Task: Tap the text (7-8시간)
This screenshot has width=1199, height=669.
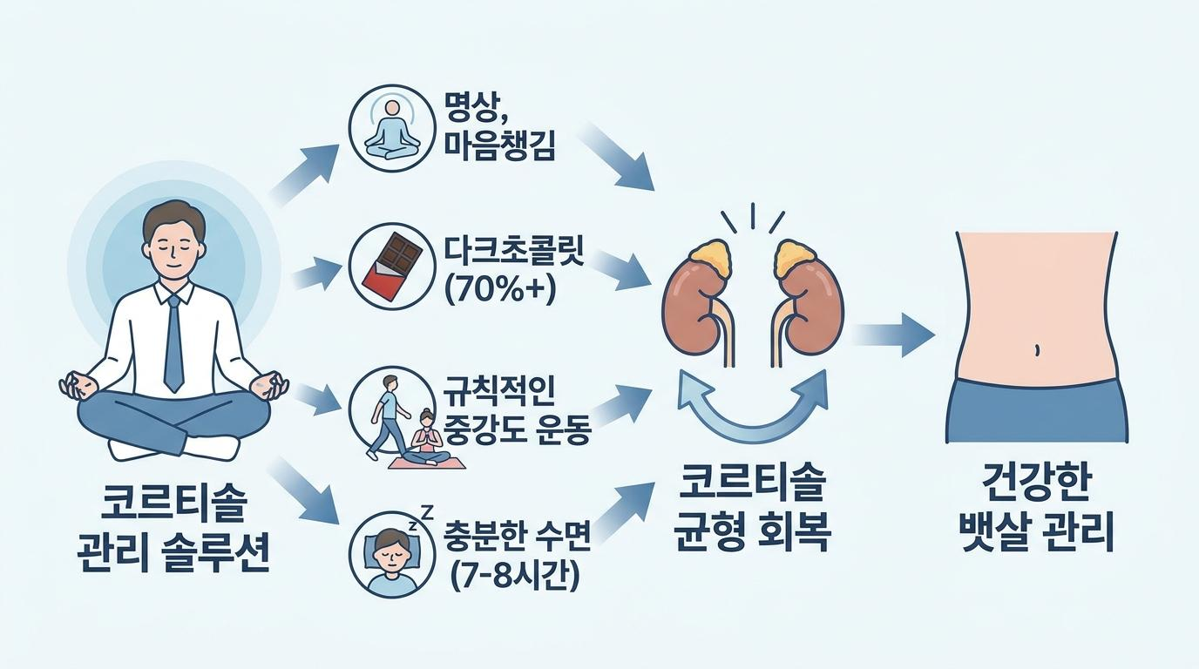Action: [514, 577]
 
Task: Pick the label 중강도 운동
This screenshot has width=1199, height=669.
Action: [517, 429]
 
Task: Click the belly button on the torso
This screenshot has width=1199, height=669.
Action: [1037, 350]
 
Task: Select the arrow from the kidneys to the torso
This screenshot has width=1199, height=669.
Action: [893, 335]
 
